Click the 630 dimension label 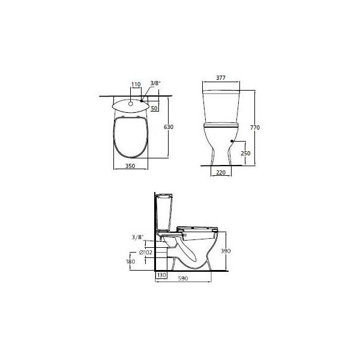pos(168,127)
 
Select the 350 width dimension pos(130,166)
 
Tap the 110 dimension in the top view pos(136,85)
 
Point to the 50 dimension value pos(154,108)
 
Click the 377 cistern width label pos(221,78)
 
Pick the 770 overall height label pos(255,127)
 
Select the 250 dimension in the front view pos(245,153)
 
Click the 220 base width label pos(221,172)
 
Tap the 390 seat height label pos(226,251)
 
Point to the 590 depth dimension pos(183,278)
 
